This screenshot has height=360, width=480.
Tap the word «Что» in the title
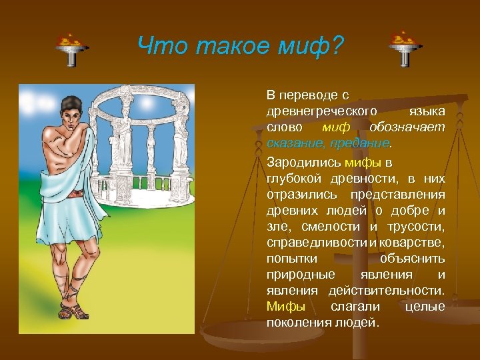click(x=160, y=46)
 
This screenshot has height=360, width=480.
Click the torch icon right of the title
click(x=404, y=49)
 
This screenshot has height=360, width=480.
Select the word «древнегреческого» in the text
click(x=322, y=109)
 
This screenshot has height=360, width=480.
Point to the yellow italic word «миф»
click(x=335, y=127)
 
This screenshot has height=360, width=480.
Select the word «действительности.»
click(x=386, y=291)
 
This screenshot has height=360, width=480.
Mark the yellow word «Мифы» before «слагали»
click(x=285, y=307)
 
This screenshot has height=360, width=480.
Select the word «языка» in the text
click(x=427, y=109)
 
